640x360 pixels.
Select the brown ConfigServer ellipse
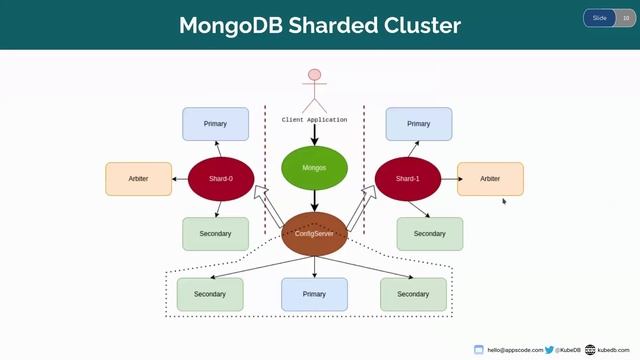[314, 233]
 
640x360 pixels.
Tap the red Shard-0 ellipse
[221, 179]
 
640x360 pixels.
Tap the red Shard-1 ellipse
[407, 179]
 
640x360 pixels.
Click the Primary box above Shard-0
[215, 124]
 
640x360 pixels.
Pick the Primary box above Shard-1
[419, 124]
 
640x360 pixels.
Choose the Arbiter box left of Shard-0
[138, 179]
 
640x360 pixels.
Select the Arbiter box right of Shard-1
[490, 179]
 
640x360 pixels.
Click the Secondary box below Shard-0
[215, 234]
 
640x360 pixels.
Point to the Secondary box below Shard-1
[429, 234]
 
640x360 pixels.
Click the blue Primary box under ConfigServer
[314, 295]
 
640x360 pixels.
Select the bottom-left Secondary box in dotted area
[210, 295]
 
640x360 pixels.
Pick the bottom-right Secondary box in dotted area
[413, 295]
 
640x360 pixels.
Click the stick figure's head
[315, 75]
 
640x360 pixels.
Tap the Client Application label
[314, 120]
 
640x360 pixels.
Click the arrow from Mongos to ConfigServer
[314, 201]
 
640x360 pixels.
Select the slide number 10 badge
[626, 18]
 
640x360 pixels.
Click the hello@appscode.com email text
[515, 350]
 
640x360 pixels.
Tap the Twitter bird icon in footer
[550, 350]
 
